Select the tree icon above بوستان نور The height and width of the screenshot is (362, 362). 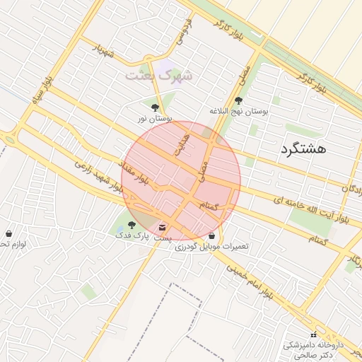tap(155, 107)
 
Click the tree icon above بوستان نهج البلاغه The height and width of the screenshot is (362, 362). tap(238, 100)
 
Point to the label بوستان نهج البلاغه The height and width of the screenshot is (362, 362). tap(238, 112)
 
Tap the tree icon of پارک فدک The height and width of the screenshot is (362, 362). tap(132, 225)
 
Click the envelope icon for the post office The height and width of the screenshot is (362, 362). tap(163, 228)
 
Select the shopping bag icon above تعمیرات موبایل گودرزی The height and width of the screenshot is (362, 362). tap(212, 235)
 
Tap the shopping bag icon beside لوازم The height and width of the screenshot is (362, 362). tap(8, 233)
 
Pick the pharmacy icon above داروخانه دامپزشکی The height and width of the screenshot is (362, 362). tap(313, 334)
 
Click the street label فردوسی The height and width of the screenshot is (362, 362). tap(187, 25)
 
